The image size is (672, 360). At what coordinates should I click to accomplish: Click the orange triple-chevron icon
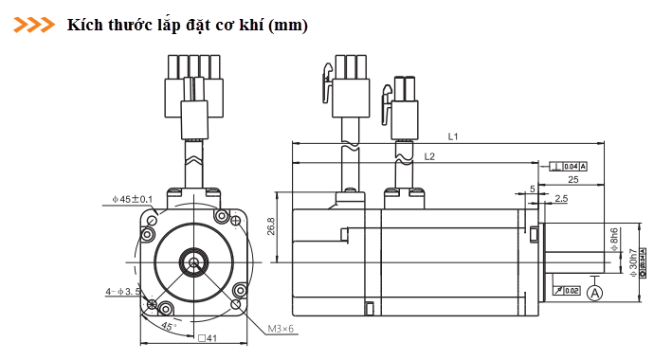[34, 25]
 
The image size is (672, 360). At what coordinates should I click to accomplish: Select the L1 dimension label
[454, 137]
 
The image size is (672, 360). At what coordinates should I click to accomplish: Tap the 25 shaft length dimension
[572, 178]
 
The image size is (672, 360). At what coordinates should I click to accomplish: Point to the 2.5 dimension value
[561, 199]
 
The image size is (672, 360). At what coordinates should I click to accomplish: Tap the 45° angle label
[168, 326]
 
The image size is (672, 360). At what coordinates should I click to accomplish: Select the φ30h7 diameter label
[632, 262]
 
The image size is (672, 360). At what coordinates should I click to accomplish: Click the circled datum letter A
[595, 293]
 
